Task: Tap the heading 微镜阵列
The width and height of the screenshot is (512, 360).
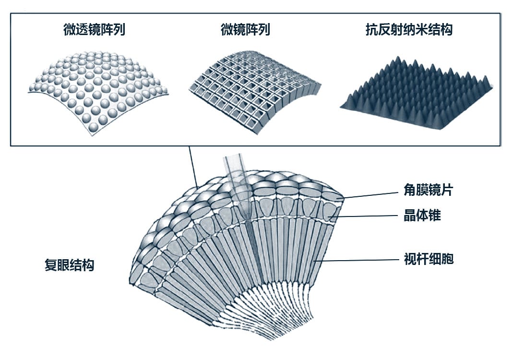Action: tap(245, 30)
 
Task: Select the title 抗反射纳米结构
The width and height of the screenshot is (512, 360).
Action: tap(409, 30)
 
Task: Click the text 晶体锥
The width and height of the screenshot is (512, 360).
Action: tap(422, 216)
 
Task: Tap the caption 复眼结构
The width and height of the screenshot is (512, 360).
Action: tap(70, 265)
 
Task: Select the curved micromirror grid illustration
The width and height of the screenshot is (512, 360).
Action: tap(254, 91)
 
